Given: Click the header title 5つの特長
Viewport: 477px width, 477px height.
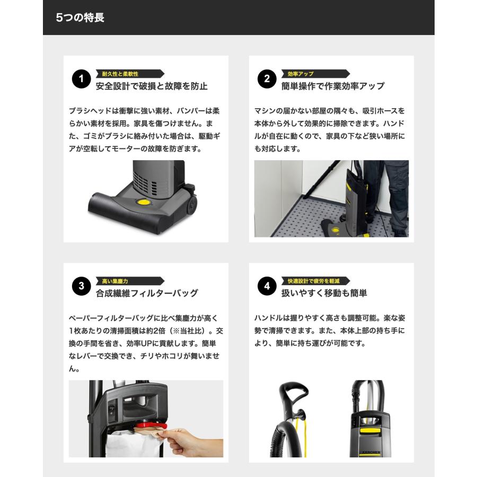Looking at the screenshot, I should pyautogui.click(x=80, y=17).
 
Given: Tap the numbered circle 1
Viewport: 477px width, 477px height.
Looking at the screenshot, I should pyautogui.click(x=81, y=80).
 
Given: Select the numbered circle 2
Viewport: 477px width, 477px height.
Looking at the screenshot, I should pyautogui.click(x=267, y=80).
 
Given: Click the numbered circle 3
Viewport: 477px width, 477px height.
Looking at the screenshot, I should pyautogui.click(x=81, y=287).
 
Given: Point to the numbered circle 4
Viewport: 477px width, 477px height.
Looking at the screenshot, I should pyautogui.click(x=267, y=287).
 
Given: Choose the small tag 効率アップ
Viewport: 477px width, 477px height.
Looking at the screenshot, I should pyautogui.click(x=301, y=74).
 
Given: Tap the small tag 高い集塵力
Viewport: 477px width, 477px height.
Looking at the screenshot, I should pyautogui.click(x=114, y=281).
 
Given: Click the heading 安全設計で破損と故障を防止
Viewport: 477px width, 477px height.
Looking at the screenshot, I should pyautogui.click(x=152, y=86).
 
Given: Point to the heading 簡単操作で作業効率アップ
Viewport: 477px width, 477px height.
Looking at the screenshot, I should pyautogui.click(x=333, y=86).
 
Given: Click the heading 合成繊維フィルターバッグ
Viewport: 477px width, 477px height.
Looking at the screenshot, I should pyautogui.click(x=147, y=293).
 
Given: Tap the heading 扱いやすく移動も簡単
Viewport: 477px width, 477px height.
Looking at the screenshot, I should pyautogui.click(x=324, y=293).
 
